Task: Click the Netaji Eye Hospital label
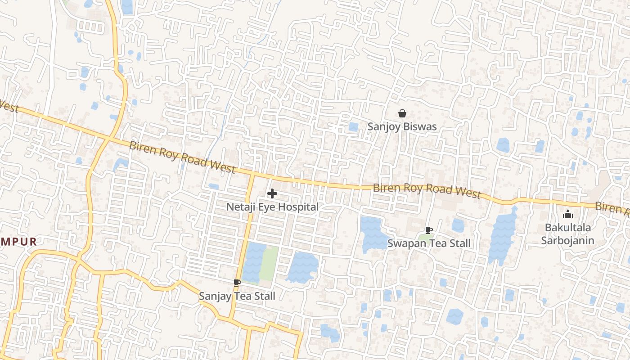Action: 272,207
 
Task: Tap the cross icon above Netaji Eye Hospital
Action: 272,194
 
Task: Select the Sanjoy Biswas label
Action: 402,126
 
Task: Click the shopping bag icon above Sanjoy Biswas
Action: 402,114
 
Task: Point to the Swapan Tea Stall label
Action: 429,243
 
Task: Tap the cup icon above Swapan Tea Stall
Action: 429,230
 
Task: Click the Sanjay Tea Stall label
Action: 237,296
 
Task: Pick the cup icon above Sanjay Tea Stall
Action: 237,283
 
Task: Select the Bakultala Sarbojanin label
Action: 567,234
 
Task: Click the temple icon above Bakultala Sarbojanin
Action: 568,214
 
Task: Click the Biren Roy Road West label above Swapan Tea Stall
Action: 427,190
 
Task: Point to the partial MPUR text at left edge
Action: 18,242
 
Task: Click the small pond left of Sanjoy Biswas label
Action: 353,127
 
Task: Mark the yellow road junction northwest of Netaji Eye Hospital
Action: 252,174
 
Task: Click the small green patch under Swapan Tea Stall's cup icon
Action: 426,237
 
